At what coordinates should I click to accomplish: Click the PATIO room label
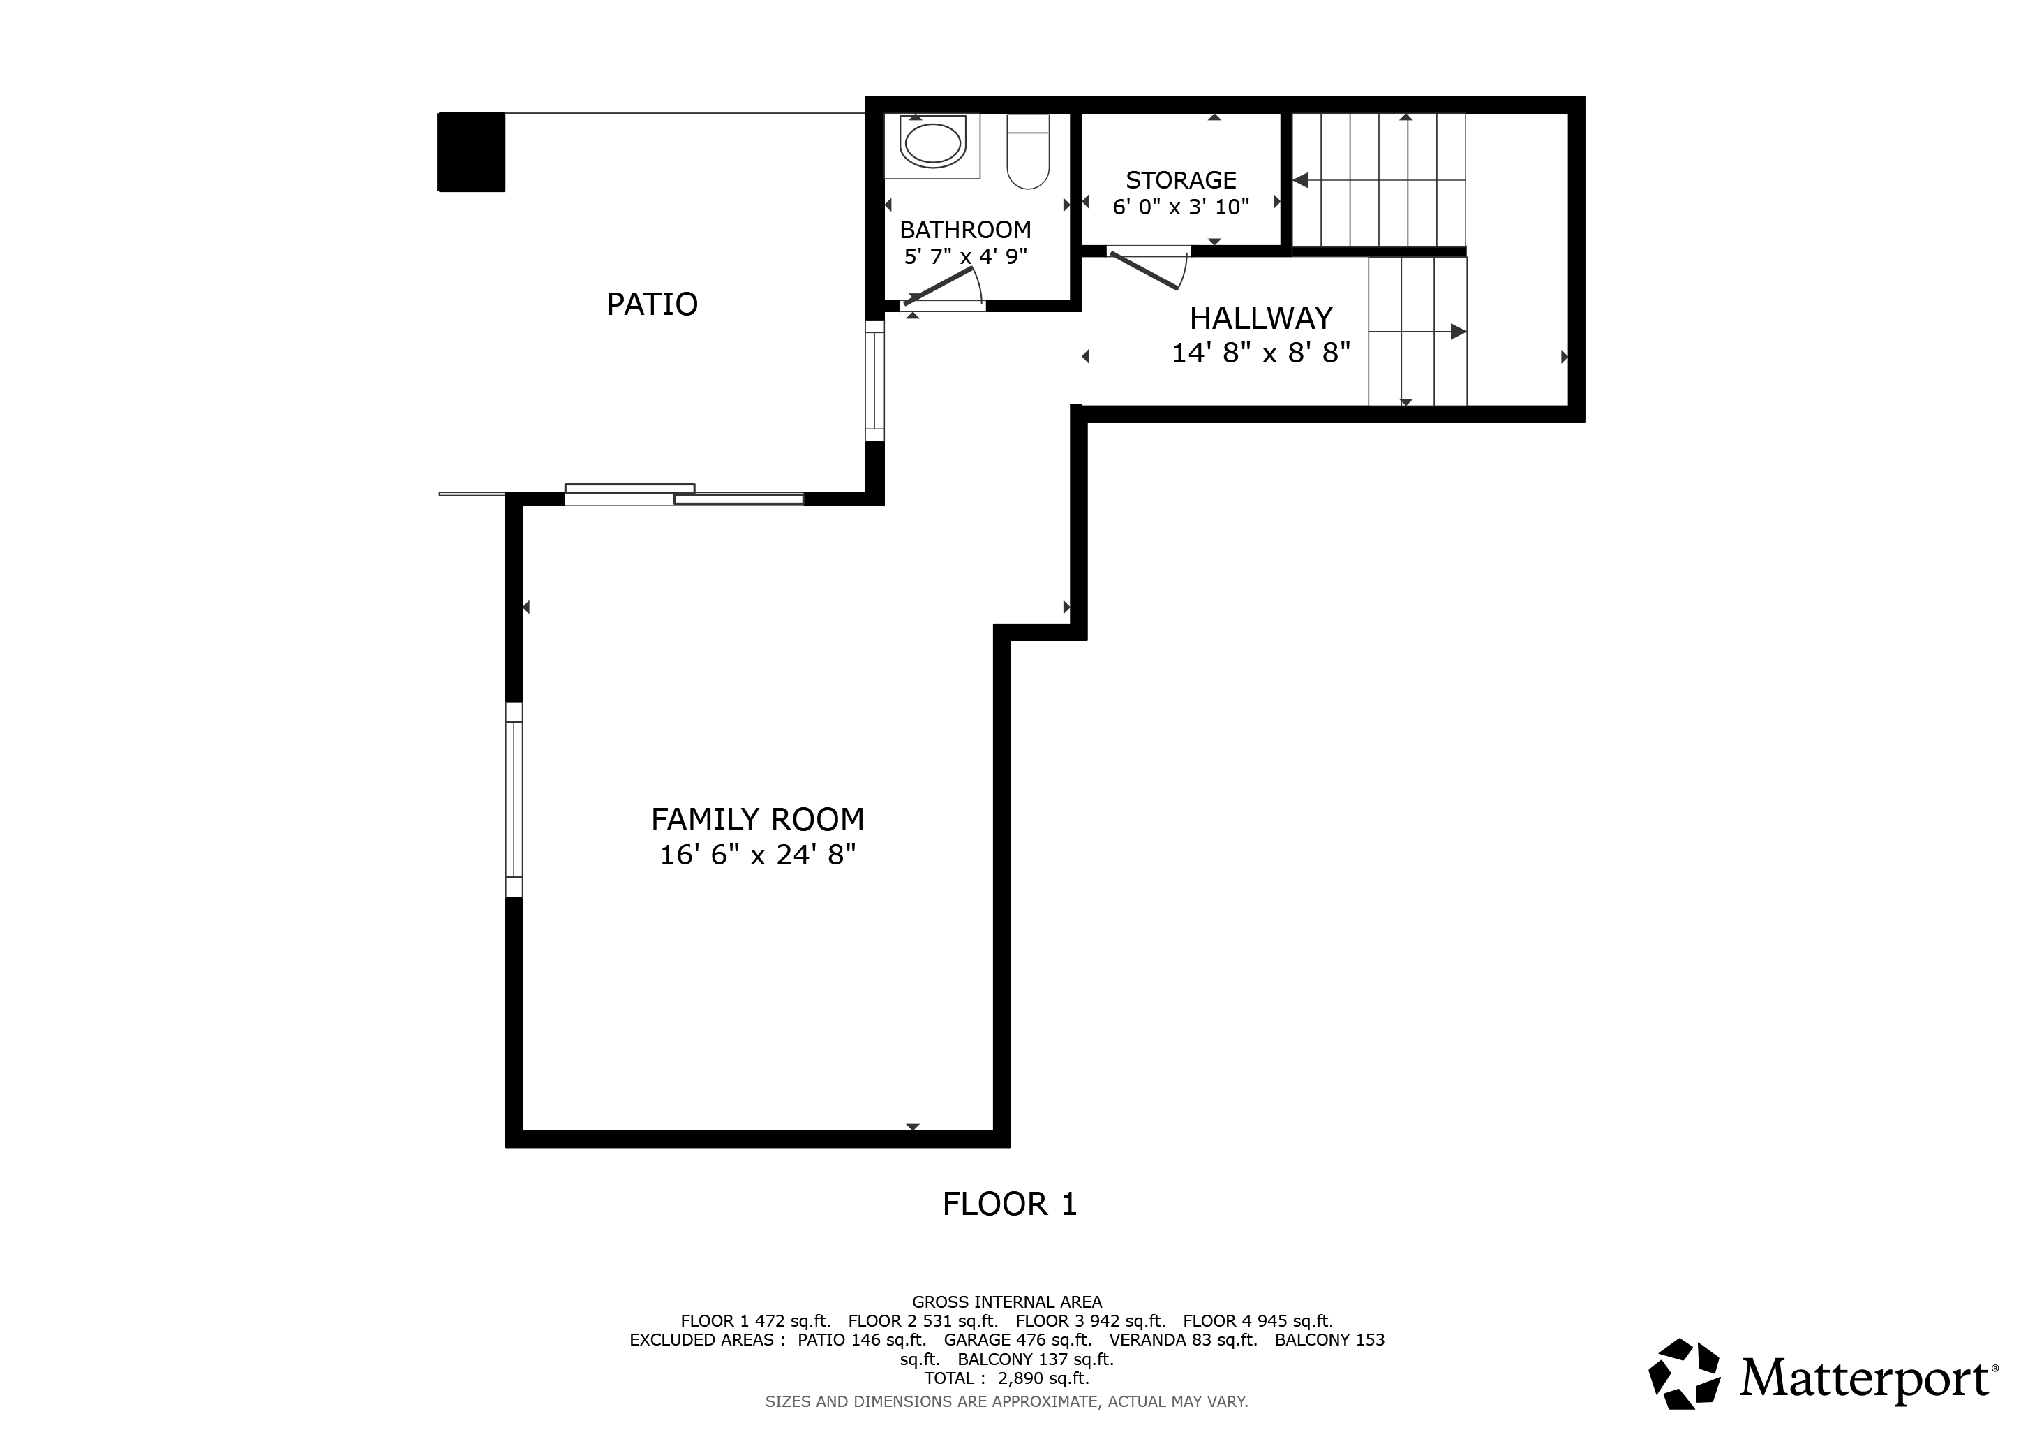tap(652, 304)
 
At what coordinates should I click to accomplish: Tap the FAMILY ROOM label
tap(757, 819)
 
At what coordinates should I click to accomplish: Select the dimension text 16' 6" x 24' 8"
tap(757, 854)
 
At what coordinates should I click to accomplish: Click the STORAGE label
tap(1181, 179)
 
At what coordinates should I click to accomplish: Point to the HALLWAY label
tap(1260, 317)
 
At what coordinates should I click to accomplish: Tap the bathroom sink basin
tap(932, 144)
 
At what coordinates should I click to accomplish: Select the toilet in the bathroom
tap(1028, 152)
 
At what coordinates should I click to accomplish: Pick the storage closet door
tap(1144, 270)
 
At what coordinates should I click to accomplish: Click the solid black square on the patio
tap(472, 152)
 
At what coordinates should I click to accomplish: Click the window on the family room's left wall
tap(514, 800)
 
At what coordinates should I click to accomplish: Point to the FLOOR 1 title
tap(1010, 1204)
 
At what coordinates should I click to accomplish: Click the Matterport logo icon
tap(1684, 1380)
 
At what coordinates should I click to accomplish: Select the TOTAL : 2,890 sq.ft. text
tap(1007, 1378)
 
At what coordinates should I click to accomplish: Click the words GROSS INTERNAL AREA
tap(1007, 1302)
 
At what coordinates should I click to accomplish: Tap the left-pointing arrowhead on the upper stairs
tap(1300, 181)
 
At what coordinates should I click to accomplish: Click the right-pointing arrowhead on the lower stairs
tap(1459, 332)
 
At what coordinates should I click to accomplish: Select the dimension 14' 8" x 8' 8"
tap(1260, 352)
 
